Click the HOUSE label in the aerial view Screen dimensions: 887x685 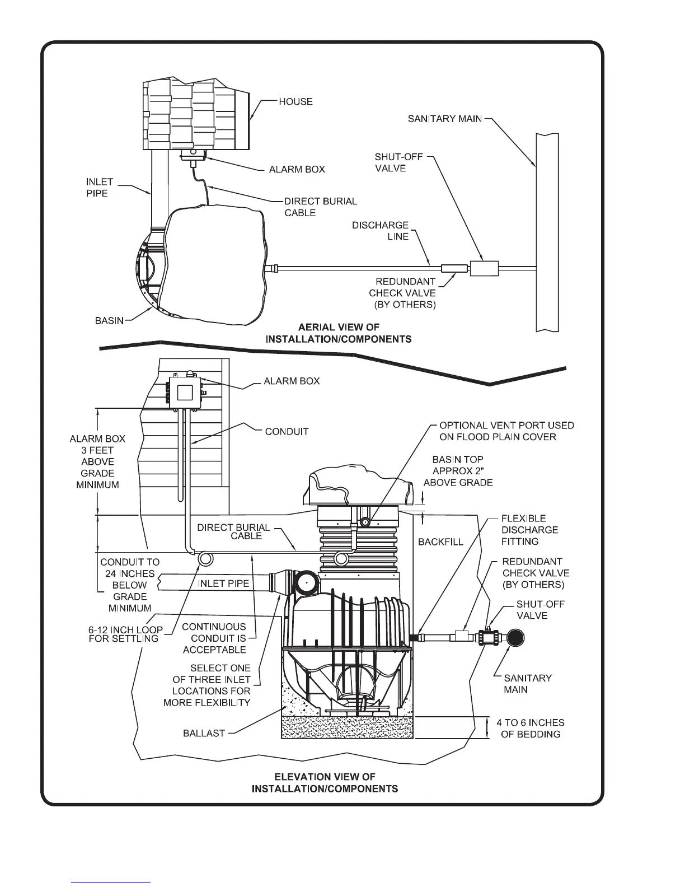pos(295,102)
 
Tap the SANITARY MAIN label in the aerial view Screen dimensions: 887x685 pos(445,119)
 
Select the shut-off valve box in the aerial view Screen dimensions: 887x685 pos(484,268)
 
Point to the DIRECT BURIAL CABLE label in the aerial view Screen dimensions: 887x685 pos(320,207)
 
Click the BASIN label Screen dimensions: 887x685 pos(109,321)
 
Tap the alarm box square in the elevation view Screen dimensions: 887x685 pos(185,391)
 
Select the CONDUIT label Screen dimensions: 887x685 pos(287,432)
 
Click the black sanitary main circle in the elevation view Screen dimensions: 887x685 pos(514,638)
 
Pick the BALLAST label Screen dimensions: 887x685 pos(204,733)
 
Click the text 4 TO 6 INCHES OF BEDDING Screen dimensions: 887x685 pos(531,728)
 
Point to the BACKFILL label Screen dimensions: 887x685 pos(440,542)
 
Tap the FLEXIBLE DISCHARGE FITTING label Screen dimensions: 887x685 pos(529,530)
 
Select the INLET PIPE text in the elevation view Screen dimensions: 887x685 pos(223,583)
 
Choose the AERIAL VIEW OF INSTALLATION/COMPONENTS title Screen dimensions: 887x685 pos(339,333)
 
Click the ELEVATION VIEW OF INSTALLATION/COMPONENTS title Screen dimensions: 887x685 pos(325,783)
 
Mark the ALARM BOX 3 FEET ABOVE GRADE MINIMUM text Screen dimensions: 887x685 pos(97,461)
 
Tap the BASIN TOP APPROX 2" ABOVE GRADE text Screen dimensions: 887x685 pos(458,470)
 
